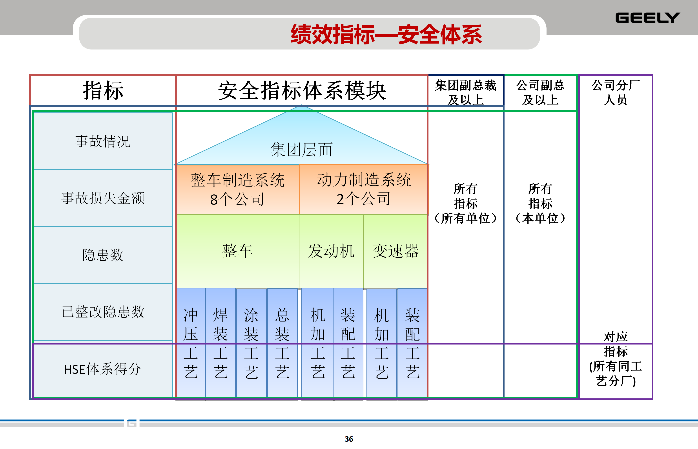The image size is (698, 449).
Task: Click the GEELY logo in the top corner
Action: coord(647,18)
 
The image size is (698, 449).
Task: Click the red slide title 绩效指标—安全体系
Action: coord(386,34)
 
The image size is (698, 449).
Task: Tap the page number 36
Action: coord(349,439)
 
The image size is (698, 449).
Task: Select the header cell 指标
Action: coord(103,90)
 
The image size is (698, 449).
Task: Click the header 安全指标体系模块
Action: coord(302,90)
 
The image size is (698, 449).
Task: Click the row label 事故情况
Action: coord(103,141)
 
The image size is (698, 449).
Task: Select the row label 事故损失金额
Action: coord(103,198)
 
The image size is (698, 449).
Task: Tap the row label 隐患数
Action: coord(103,255)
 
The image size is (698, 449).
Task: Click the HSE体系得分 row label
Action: coord(103,369)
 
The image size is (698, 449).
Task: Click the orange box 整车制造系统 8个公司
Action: coord(238,189)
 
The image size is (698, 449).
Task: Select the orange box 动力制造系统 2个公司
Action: coord(364,189)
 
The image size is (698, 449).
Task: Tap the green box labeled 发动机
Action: coord(331,251)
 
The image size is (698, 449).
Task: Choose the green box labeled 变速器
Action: coord(395,251)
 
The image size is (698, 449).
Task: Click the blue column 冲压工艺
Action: coord(191,343)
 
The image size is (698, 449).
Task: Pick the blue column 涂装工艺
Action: coord(251,343)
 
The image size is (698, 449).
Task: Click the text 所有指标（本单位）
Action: coord(540,203)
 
